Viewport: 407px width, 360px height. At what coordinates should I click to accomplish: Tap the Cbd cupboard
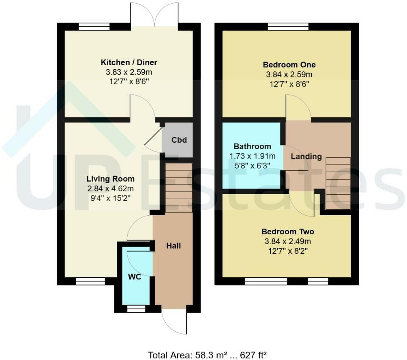click(x=179, y=140)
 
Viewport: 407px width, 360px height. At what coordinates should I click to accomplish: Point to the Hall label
click(x=174, y=246)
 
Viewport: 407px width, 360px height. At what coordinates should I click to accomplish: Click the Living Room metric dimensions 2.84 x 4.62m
click(x=110, y=189)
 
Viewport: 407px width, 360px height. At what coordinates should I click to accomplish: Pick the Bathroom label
click(x=252, y=146)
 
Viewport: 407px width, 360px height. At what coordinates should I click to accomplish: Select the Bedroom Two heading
click(x=287, y=232)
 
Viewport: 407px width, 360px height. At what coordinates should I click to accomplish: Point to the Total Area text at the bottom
click(x=207, y=356)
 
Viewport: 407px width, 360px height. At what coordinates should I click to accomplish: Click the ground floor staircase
click(x=179, y=187)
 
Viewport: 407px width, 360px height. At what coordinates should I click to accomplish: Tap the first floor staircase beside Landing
click(x=338, y=183)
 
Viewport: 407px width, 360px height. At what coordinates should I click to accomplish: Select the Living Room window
click(x=88, y=281)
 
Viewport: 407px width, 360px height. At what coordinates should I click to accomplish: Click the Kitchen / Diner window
click(x=94, y=27)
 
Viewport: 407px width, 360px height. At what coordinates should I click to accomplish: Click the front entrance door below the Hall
click(x=174, y=322)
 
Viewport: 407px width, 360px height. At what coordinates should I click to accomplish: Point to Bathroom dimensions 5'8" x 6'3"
click(x=252, y=165)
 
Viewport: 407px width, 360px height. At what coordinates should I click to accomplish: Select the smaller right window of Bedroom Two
click(x=318, y=281)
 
